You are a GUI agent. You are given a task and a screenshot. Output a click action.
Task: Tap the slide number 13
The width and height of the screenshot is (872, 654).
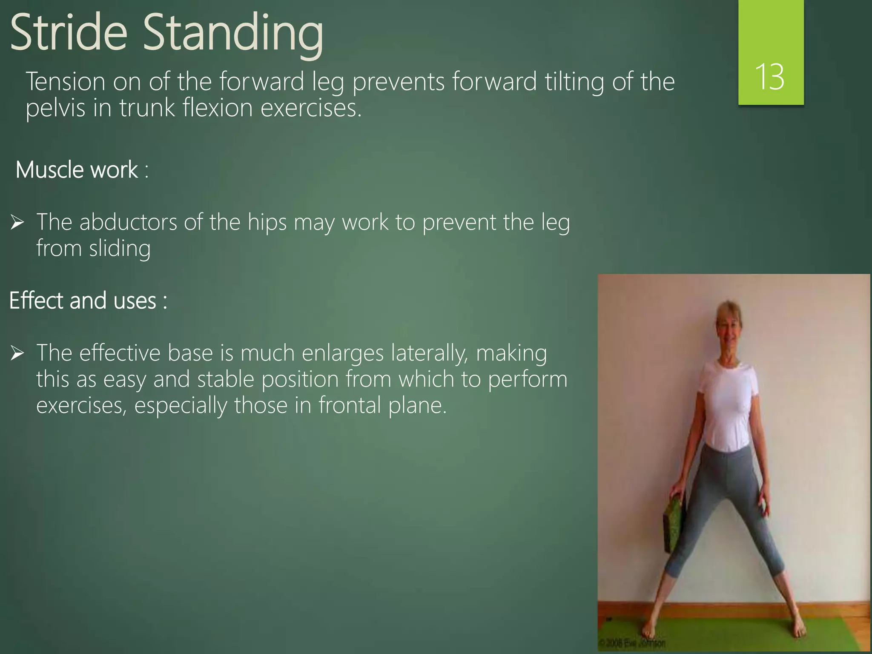(770, 77)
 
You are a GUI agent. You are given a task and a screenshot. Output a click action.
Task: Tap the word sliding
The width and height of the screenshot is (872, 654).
(120, 249)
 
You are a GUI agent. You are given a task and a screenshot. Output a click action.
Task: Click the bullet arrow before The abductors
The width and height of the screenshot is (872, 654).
(17, 222)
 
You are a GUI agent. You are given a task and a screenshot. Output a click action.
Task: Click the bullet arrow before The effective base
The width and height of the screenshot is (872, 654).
(17, 353)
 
